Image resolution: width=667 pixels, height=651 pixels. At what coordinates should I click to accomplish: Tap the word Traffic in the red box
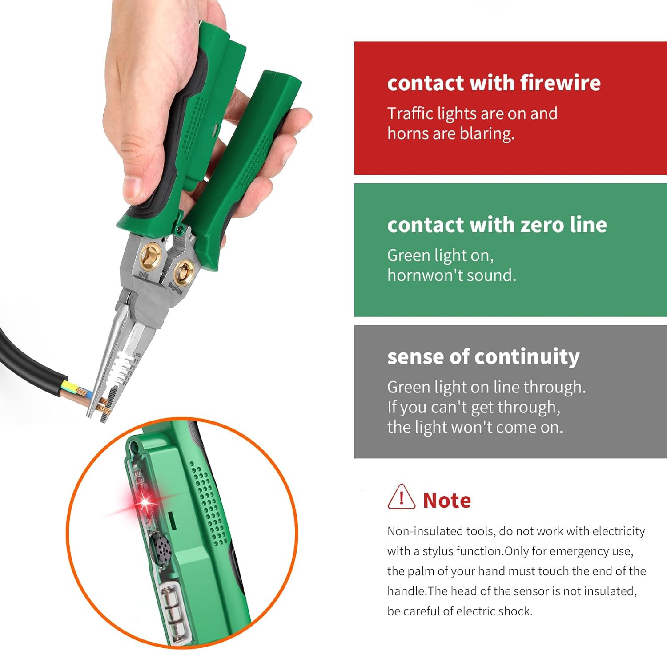coord(410,114)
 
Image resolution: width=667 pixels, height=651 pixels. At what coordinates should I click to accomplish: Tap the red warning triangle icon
coord(401,498)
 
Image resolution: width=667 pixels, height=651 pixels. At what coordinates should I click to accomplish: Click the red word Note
coord(446,501)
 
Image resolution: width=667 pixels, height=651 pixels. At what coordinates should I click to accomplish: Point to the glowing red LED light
coord(145,502)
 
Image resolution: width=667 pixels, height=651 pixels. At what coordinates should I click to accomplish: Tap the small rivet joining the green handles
coord(180,229)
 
